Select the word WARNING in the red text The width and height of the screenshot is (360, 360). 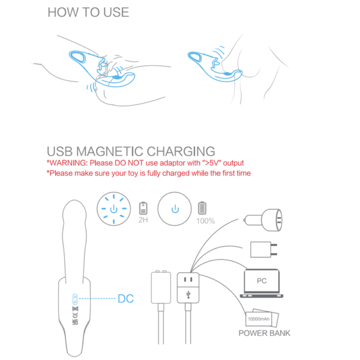tap(68, 163)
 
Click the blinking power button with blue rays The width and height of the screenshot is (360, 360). tap(113, 209)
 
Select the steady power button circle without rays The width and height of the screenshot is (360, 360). tap(175, 209)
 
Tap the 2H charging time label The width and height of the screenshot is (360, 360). tap(143, 220)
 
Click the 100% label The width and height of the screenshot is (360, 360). tap(205, 221)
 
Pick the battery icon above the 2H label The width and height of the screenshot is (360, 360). tap(143, 208)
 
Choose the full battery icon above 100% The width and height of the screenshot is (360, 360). tap(202, 208)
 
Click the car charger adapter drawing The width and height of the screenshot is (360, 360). tap(263, 220)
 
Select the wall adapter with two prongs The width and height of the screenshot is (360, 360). tap(263, 250)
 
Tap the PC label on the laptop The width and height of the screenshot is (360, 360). tap(262, 281)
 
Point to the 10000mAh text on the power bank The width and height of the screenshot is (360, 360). tap(259, 319)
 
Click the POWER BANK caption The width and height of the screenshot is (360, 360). tap(264, 333)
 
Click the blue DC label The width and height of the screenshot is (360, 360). tap(125, 299)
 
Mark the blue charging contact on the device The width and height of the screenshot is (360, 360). tap(75, 299)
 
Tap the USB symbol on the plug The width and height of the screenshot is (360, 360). tap(188, 295)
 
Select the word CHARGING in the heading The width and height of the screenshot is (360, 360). tap(181, 152)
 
